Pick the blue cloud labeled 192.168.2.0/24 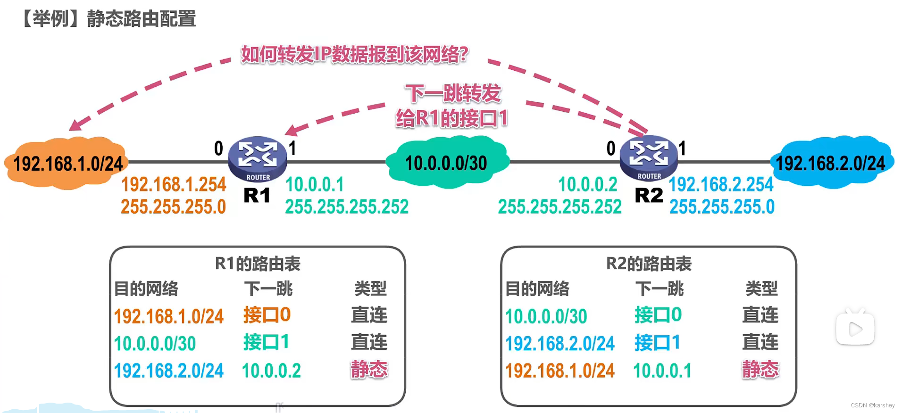831,163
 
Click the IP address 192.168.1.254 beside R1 174,184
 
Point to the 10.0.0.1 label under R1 315,184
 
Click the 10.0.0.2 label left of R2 588,184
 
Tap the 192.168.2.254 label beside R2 721,184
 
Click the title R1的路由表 258,264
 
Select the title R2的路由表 649,264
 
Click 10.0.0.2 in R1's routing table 271,371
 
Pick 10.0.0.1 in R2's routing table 662,371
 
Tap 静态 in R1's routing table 369,370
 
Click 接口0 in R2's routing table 658,315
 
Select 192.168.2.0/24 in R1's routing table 168,371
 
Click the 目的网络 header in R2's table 537,289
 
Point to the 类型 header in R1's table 370,289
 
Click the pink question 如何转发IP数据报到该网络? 354,55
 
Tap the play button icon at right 855,329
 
